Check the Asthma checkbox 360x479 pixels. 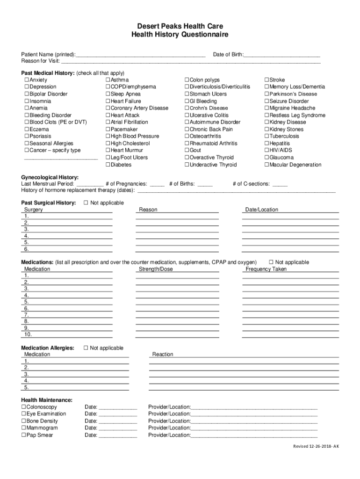coord(108,80)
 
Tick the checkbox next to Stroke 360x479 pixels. coord(267,80)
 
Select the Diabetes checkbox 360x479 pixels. coord(108,165)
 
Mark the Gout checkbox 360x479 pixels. coord(187,151)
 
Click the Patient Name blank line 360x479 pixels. coord(140,55)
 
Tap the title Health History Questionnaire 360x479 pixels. coord(180,35)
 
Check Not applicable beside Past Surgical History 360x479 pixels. coord(86,203)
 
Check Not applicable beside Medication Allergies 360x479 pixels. coord(86,348)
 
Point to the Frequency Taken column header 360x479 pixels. coord(266,269)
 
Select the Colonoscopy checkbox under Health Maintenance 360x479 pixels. coord(24,407)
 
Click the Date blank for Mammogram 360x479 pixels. coord(118,428)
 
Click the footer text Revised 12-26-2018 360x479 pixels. coord(316,446)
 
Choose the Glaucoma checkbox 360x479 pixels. coord(267,158)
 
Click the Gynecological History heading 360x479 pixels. coord(50,177)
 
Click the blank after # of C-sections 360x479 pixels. coord(280,184)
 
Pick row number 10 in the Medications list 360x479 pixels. coord(28,334)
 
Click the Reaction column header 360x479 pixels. coord(163,354)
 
